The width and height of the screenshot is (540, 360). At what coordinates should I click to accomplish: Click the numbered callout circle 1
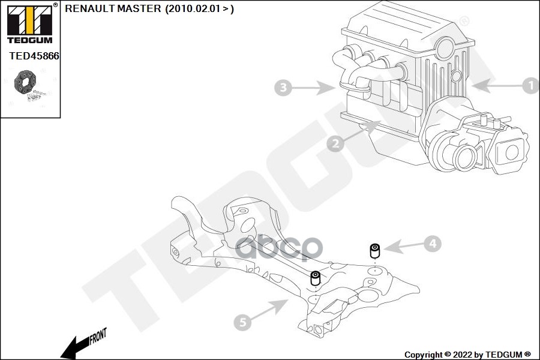530,86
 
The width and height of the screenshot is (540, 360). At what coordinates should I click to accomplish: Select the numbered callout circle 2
335,143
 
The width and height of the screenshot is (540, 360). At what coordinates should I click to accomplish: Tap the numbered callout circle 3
283,89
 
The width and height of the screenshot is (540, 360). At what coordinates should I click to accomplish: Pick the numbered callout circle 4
433,244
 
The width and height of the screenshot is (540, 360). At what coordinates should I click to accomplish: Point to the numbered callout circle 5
242,323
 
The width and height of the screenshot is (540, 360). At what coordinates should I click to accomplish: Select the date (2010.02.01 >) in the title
199,9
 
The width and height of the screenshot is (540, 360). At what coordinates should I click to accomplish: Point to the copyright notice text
467,355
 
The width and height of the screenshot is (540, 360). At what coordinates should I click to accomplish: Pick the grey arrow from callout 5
270,310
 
